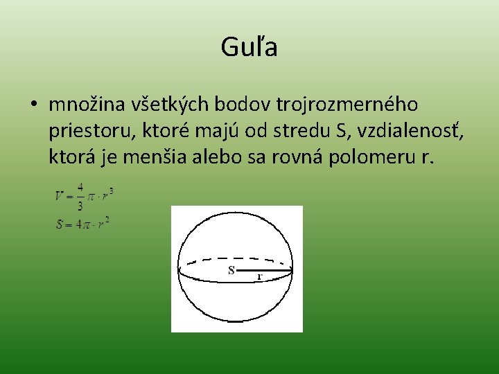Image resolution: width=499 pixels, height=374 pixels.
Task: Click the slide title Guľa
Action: coord(249,48)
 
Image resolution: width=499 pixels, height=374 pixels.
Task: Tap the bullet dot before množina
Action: coord(33,105)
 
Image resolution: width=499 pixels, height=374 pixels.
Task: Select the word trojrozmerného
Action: coord(347,105)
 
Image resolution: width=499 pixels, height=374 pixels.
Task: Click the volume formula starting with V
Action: coord(84,196)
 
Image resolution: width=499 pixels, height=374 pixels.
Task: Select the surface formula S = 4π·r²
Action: coord(82,224)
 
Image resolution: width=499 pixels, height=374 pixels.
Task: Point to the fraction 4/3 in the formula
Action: coord(80,196)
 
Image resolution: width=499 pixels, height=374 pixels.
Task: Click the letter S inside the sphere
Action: coord(231,270)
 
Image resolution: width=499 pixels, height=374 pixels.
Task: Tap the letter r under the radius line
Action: coord(259,276)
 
